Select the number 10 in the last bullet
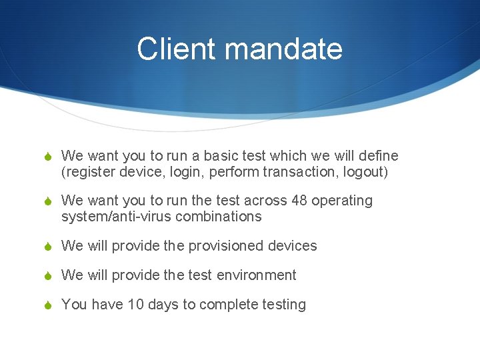(x=136, y=305)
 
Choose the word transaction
(x=301, y=171)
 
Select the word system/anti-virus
(x=111, y=217)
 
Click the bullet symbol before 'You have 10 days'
(x=45, y=305)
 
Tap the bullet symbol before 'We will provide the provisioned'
(x=45, y=247)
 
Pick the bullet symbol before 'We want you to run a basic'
(x=45, y=157)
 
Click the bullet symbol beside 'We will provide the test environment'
(x=45, y=276)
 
